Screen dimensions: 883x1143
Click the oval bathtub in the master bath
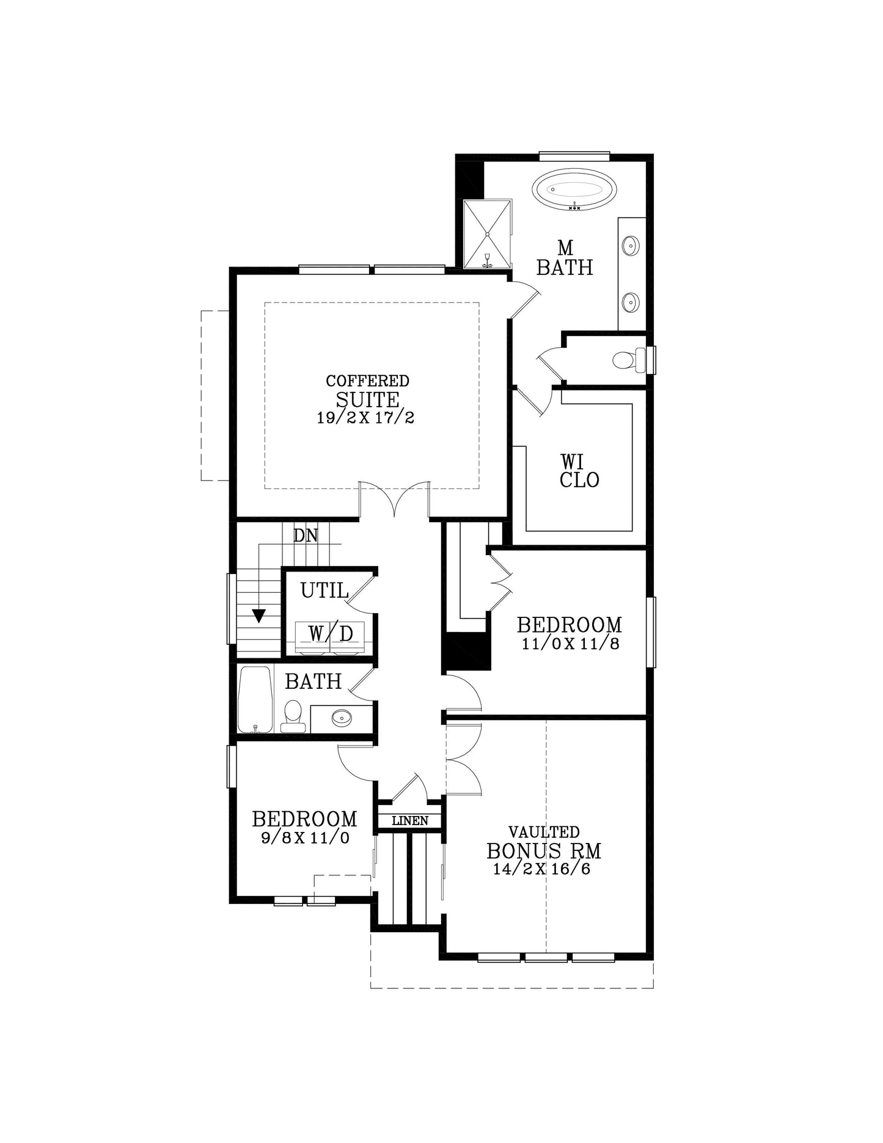pos(574,189)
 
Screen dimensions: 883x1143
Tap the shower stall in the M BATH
pos(487,234)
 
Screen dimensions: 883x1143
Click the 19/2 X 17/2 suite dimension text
pos(365,418)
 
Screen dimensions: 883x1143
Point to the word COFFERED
pos(367,381)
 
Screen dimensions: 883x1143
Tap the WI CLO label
pos(579,471)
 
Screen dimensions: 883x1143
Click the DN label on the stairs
pos(306,535)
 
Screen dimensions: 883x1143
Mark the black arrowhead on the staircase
pos(259,616)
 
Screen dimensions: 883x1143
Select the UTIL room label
pos(324,590)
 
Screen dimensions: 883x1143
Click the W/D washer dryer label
pos(330,634)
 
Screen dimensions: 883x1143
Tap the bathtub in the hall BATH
pos(255,699)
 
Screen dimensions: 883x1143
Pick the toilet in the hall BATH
pos(293,716)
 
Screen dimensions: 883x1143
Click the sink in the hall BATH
pos(342,718)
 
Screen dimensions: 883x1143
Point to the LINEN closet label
pos(410,821)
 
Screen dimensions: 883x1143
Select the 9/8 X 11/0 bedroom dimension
pos(305,837)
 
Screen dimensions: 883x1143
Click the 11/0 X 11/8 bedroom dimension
pos(570,644)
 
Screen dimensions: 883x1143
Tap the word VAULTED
pos(544,832)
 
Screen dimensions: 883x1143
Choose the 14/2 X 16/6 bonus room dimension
pos(542,869)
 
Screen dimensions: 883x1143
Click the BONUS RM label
pos(544,851)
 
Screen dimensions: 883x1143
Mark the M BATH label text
pos(565,257)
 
